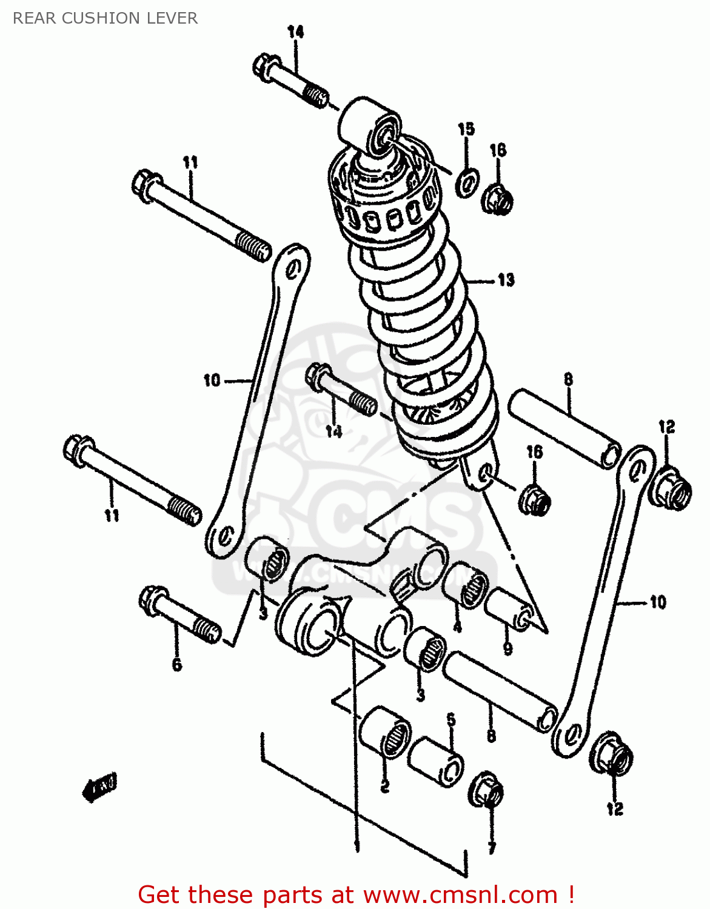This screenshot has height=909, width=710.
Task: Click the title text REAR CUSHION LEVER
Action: (x=105, y=18)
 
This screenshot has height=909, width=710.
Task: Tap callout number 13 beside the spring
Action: (x=506, y=280)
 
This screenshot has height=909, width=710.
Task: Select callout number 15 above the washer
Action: (x=466, y=129)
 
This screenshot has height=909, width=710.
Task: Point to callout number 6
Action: (x=176, y=665)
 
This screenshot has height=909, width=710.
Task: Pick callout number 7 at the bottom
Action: (x=491, y=848)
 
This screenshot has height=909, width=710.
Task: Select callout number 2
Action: (x=384, y=787)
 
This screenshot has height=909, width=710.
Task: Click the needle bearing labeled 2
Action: (x=384, y=730)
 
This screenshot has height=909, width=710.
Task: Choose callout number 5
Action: (x=450, y=720)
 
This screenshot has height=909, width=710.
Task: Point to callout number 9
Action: (x=507, y=648)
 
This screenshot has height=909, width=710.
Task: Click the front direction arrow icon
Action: (x=99, y=787)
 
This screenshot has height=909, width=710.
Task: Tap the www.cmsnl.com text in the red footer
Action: (x=460, y=894)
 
